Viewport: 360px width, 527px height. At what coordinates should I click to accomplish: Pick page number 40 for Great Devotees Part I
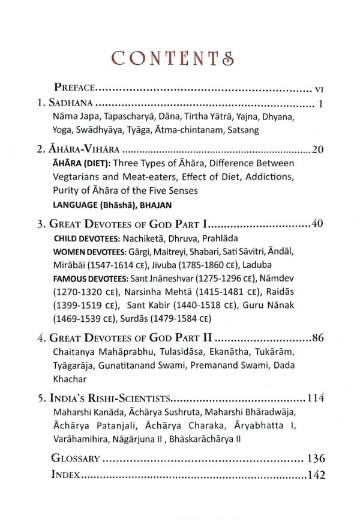318,224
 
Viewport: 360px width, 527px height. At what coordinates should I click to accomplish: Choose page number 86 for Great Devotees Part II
318,338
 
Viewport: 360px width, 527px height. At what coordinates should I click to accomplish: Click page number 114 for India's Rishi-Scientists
316,397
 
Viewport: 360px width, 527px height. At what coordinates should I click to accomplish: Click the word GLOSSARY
76,459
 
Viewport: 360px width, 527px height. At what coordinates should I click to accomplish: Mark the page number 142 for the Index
316,476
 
